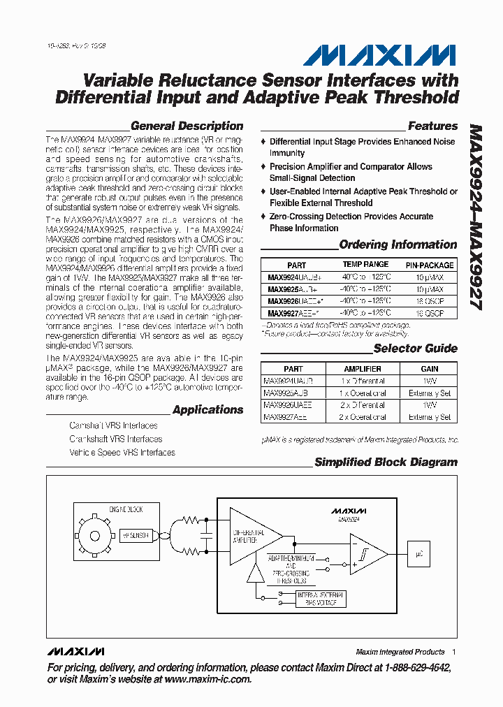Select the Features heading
[432, 126]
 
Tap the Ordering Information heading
[398, 245]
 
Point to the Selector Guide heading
[415, 349]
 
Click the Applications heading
[207, 410]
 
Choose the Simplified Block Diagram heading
[386, 462]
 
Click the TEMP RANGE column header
[365, 265]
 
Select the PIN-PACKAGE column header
[430, 265]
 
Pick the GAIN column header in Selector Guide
[430, 369]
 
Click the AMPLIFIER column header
[363, 369]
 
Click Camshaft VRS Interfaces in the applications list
[113, 425]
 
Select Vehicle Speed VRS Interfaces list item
[122, 453]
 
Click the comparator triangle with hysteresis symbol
[367, 554]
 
